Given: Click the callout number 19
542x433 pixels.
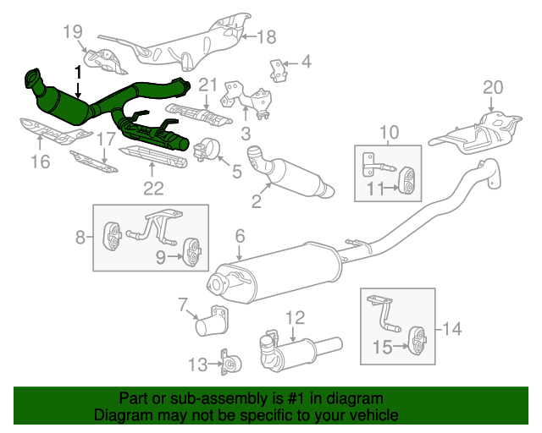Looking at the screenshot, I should point(74,32).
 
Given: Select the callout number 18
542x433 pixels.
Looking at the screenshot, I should point(267,36).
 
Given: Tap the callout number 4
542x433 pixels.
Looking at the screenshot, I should point(306,62).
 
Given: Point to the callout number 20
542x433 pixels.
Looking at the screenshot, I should point(492,87).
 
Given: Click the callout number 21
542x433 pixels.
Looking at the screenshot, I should point(208,84).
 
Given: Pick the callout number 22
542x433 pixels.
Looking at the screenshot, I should point(153,188).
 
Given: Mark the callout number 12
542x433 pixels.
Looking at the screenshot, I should point(294,318).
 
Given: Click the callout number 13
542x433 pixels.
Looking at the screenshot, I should point(196,365).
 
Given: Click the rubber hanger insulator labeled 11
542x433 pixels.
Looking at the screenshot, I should point(404,180).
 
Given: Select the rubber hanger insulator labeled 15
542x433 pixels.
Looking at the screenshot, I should point(418,341).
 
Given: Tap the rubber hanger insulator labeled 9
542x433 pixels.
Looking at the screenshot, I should point(192,251).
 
